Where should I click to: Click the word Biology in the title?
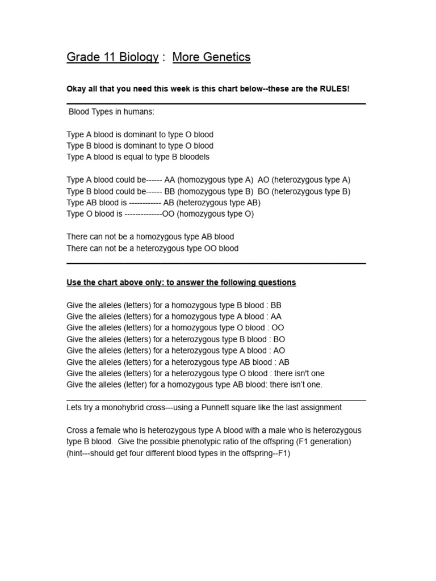pos(137,57)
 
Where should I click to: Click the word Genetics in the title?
pos(227,57)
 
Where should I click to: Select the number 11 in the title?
pos(102,57)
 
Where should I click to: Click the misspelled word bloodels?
pos(192,157)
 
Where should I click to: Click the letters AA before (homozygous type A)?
pos(170,180)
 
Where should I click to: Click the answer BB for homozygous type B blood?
pos(276,305)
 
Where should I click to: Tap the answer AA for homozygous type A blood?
pos(276,317)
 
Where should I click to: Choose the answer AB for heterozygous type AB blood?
pos(284,362)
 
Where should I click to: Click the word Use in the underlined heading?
pos(74,283)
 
